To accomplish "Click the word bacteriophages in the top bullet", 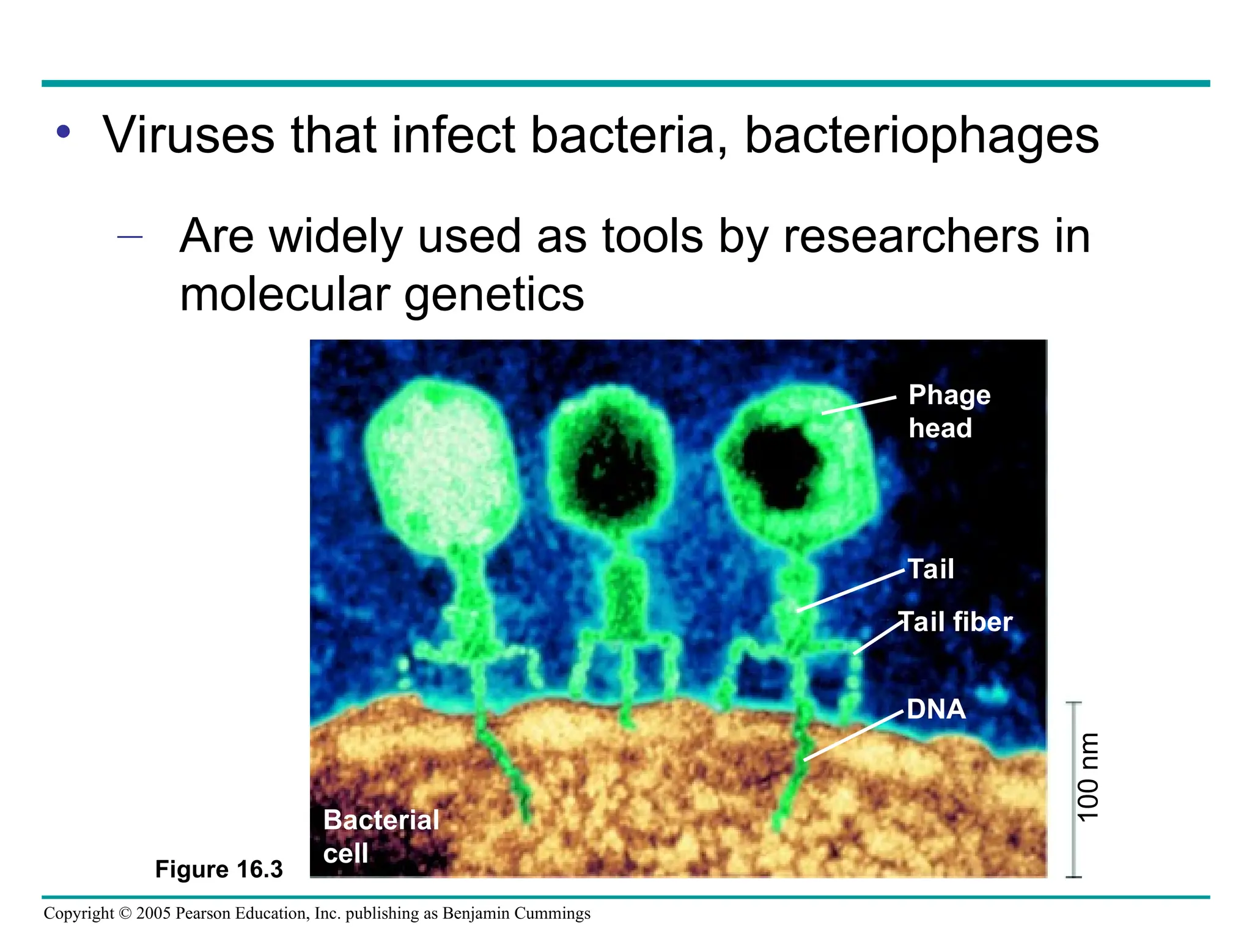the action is (x=921, y=136).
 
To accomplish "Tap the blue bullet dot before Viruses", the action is (x=64, y=132).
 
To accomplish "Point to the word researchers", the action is (x=911, y=237).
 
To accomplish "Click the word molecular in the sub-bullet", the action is (x=285, y=295).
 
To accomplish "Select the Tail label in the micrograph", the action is (x=930, y=569).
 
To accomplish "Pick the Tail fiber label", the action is (x=956, y=622).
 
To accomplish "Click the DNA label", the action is (x=936, y=710).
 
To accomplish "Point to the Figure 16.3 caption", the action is (x=219, y=869).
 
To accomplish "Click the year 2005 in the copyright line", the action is (x=153, y=913).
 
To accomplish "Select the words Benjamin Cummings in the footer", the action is (x=516, y=913).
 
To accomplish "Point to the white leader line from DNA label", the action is (x=853, y=737).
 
